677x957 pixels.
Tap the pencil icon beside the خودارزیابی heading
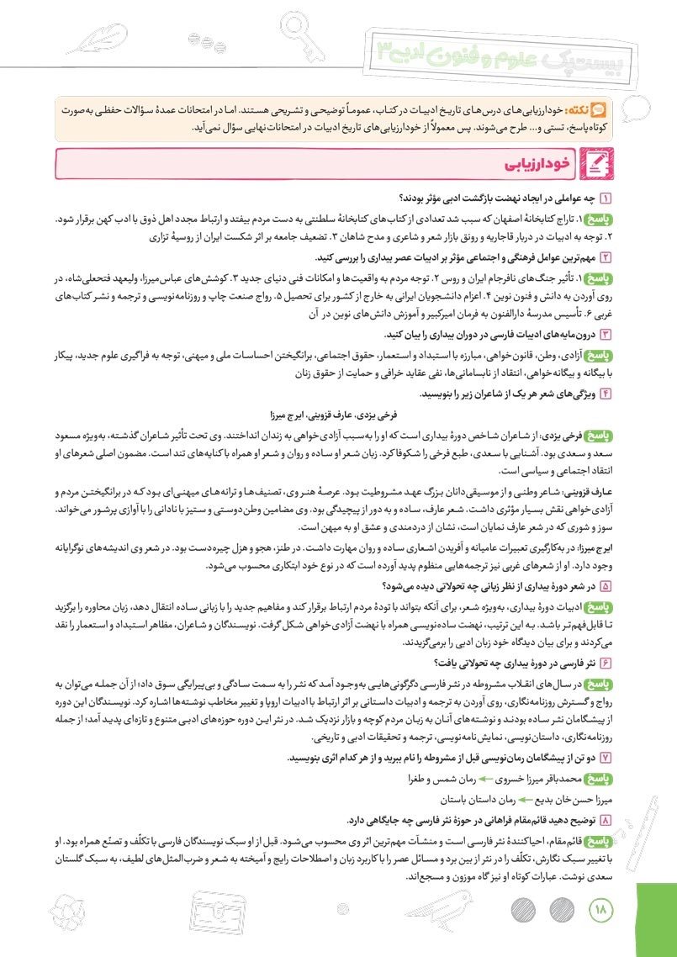click(x=597, y=164)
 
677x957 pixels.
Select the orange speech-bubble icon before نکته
click(x=599, y=109)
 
